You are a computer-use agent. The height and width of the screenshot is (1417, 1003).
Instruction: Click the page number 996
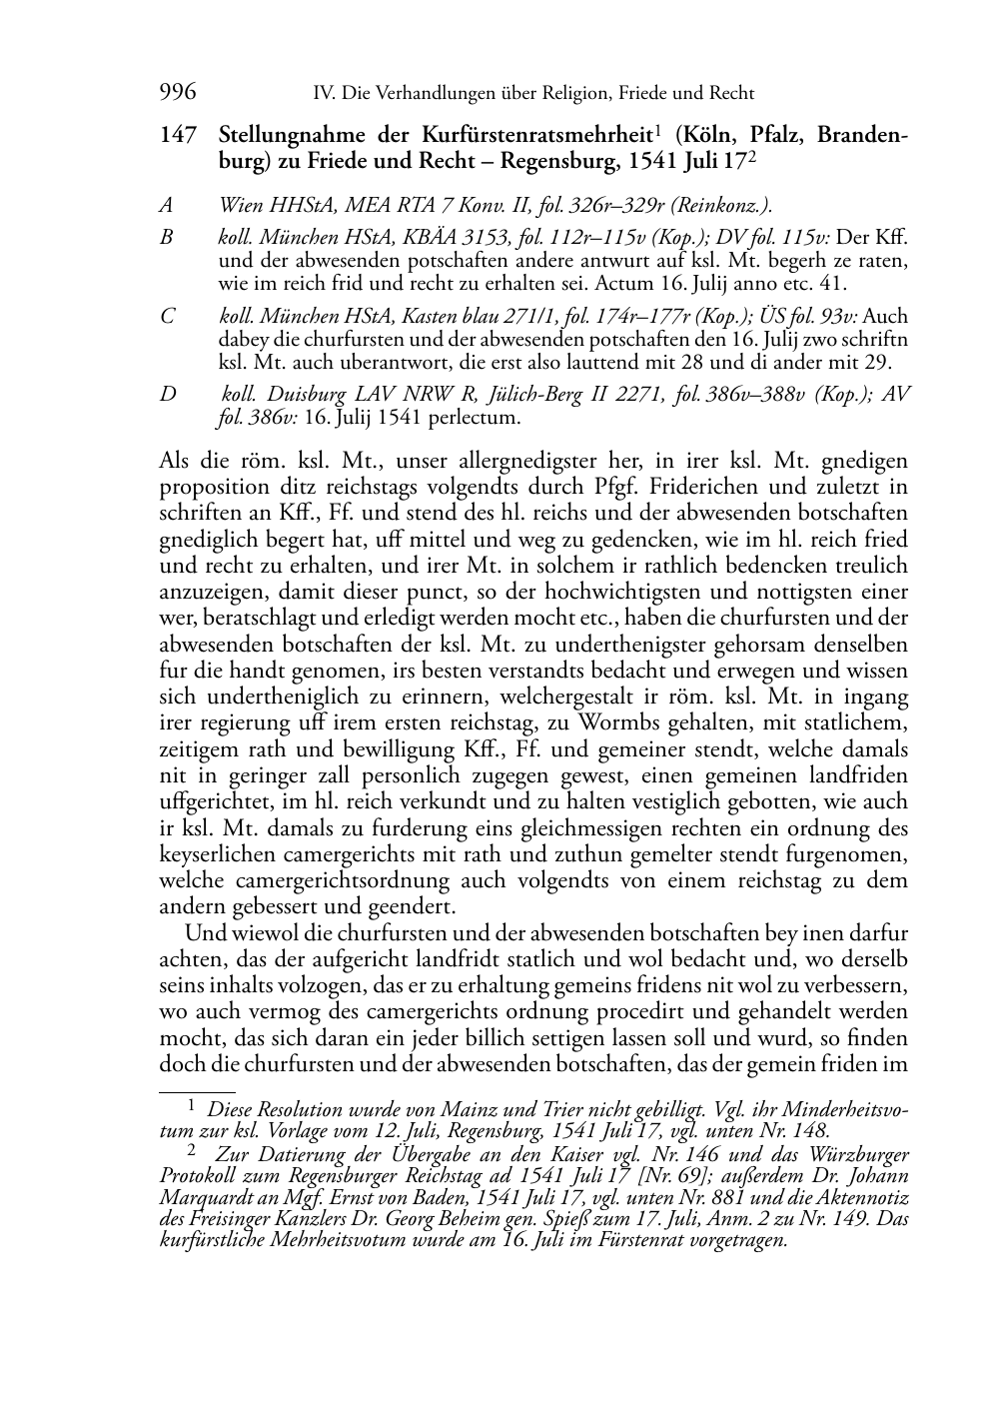(177, 93)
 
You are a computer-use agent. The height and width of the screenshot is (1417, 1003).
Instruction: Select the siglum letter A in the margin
(166, 206)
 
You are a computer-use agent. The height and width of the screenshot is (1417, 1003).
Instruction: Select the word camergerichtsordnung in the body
(341, 880)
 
